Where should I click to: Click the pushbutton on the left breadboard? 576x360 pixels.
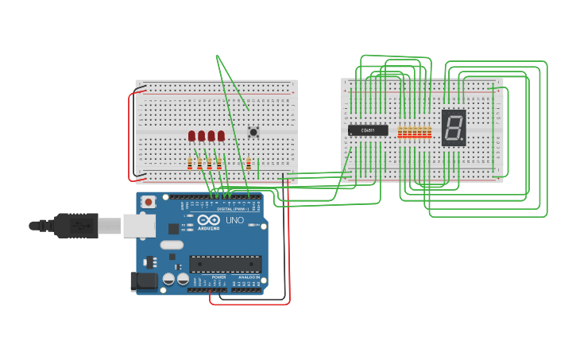click(x=253, y=132)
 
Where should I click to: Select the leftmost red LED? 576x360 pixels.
click(x=192, y=136)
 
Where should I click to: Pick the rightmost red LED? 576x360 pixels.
click(x=221, y=136)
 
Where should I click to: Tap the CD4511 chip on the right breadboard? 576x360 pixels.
click(x=368, y=130)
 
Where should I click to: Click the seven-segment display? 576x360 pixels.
click(x=453, y=127)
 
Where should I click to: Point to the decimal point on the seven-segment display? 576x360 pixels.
click(x=462, y=141)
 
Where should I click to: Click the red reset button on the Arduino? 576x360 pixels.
click(x=149, y=202)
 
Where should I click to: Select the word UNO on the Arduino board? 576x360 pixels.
click(x=235, y=220)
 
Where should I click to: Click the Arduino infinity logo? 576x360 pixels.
click(x=208, y=220)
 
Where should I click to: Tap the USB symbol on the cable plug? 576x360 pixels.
click(x=77, y=226)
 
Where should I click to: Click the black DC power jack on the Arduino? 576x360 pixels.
click(x=143, y=280)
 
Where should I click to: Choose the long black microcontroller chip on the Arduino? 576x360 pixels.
click(x=225, y=264)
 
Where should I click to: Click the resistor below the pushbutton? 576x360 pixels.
click(x=249, y=164)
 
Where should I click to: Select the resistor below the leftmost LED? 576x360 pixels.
click(x=190, y=164)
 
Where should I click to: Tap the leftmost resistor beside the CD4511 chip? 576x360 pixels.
click(x=400, y=132)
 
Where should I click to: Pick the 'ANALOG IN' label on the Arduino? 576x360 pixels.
click(x=250, y=277)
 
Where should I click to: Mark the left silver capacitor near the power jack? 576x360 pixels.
click(x=168, y=279)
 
